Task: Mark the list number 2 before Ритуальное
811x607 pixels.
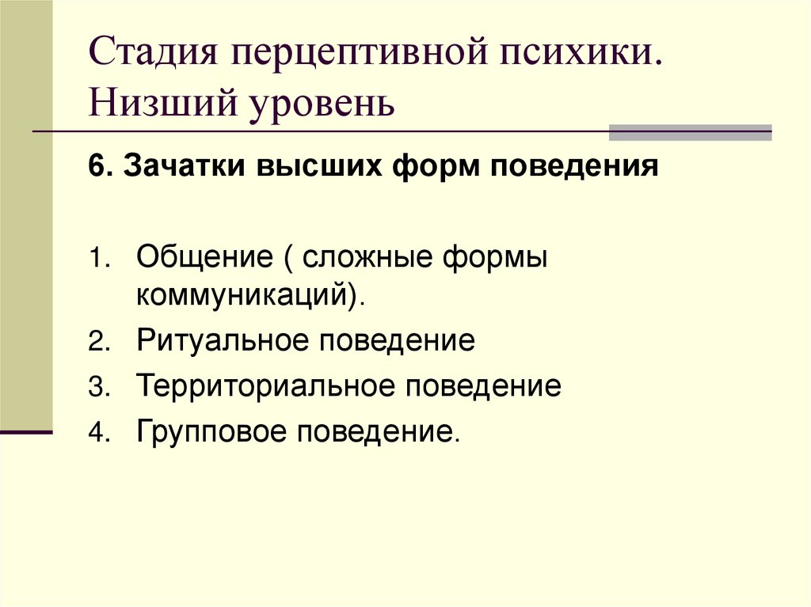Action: pyautogui.click(x=95, y=343)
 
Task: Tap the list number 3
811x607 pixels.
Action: pyautogui.click(x=95, y=388)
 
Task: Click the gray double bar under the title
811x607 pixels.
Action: pyautogui.click(x=690, y=132)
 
